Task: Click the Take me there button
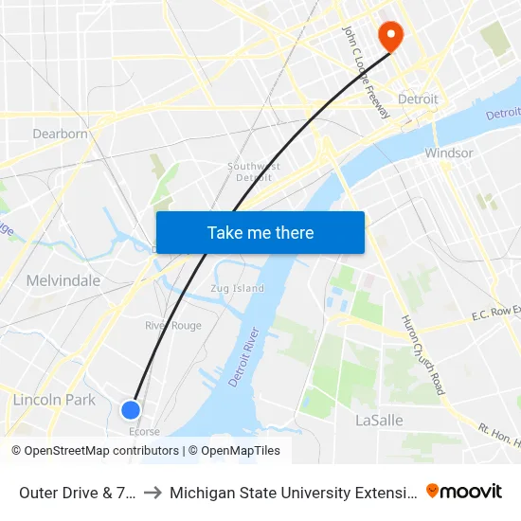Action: pos(260,232)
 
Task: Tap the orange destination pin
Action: pos(390,36)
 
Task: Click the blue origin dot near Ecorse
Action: pos(131,409)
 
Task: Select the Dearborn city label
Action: pos(60,134)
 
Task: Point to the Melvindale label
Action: pos(63,280)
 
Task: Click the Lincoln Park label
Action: pos(54,400)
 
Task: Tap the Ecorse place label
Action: pos(144,432)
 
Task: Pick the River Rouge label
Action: pos(173,325)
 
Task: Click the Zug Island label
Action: pos(237,288)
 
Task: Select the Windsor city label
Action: pos(448,153)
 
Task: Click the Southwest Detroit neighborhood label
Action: pos(254,171)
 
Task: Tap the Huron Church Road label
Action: pos(423,354)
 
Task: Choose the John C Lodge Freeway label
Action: pos(366,72)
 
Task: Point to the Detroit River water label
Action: pos(244,358)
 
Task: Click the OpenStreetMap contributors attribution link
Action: pos(101,451)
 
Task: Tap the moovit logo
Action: pos(464,491)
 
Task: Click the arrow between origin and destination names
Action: pos(153,492)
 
